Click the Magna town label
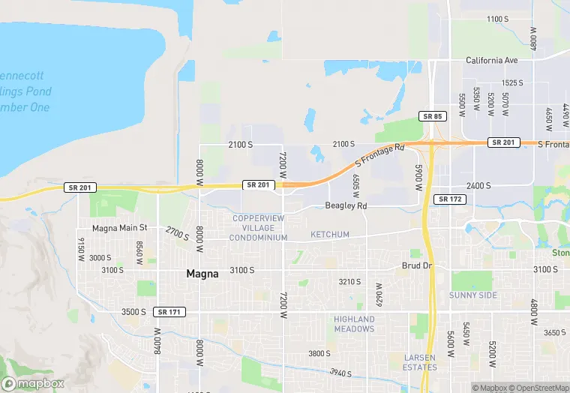pyautogui.click(x=202, y=274)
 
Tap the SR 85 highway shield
pyautogui.click(x=433, y=116)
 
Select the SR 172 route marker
pyautogui.click(x=450, y=199)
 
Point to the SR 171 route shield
pyautogui.click(x=169, y=311)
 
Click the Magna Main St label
pyautogui.click(x=120, y=228)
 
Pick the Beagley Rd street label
pyautogui.click(x=346, y=205)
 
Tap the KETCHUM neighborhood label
pyautogui.click(x=330, y=235)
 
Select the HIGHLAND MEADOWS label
pyautogui.click(x=354, y=324)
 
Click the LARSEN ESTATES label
pyautogui.click(x=420, y=362)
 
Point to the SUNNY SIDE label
pyautogui.click(x=473, y=295)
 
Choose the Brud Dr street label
pyautogui.click(x=418, y=266)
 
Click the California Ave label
pyautogui.click(x=492, y=60)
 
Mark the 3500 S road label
pyautogui.click(x=133, y=312)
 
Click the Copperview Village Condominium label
pyautogui.click(x=259, y=228)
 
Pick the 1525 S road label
pyautogui.click(x=511, y=82)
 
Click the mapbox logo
pyautogui.click(x=34, y=383)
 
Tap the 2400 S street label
pyautogui.click(x=478, y=185)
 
